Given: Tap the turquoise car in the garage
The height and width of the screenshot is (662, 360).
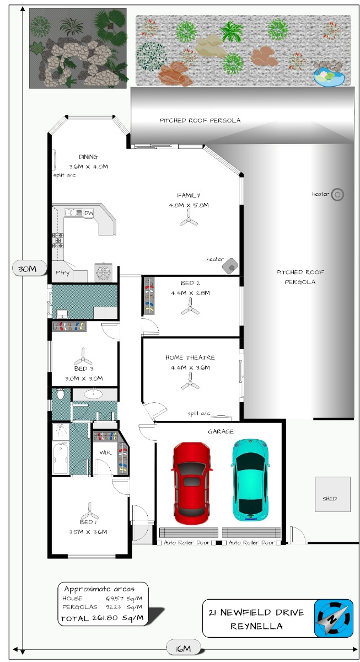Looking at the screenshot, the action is click(250, 480).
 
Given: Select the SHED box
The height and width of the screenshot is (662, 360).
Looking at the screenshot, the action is click(332, 494).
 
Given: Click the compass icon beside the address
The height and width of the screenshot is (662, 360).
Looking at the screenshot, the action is click(334, 618).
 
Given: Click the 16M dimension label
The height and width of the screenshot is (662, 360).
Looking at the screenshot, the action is click(184, 648).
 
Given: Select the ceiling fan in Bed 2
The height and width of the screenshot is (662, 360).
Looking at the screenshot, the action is click(190, 307).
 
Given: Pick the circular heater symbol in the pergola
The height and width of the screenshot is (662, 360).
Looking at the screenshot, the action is click(337, 195).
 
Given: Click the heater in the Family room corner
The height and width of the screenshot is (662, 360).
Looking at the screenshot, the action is click(230, 265).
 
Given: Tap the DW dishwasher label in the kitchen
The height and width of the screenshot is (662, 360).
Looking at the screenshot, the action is click(89, 213).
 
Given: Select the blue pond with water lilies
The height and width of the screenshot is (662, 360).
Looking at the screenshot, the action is click(329, 77).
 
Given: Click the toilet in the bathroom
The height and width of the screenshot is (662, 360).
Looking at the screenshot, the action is click(60, 394).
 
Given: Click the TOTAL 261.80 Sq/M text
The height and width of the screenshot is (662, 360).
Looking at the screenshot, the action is click(102, 618).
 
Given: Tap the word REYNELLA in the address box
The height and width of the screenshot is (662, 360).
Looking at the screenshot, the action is click(256, 626).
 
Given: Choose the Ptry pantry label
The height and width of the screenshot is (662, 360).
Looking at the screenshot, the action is click(63, 273).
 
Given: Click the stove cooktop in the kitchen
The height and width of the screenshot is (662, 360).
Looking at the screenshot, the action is click(58, 241).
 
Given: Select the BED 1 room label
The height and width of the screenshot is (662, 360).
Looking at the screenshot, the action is click(88, 522).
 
